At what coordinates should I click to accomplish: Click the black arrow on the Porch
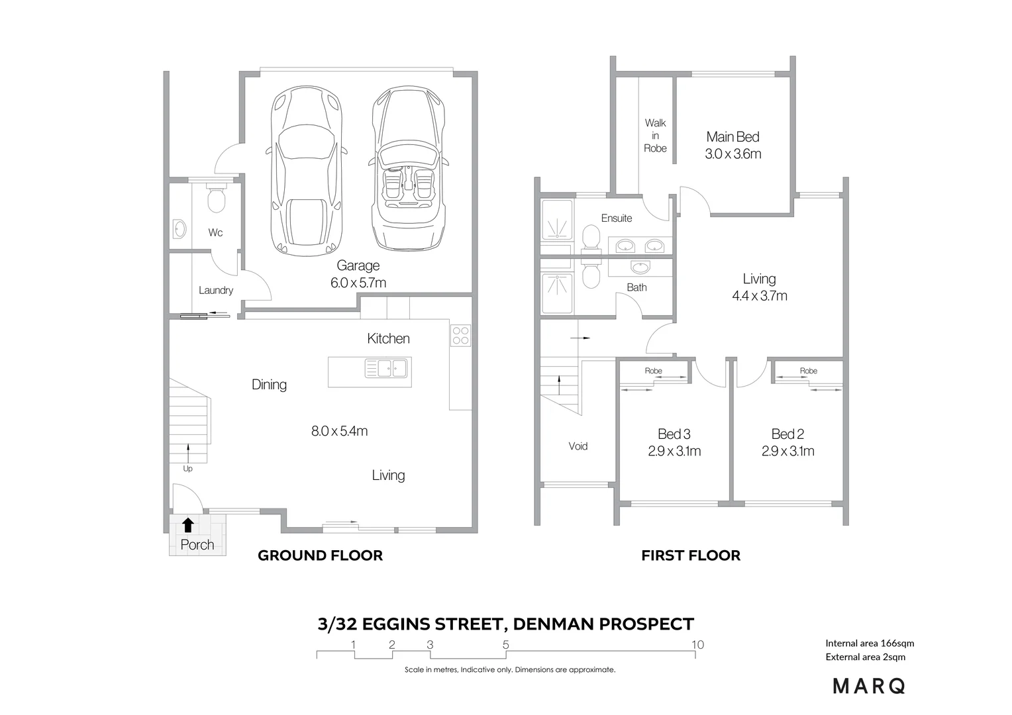click(x=188, y=525)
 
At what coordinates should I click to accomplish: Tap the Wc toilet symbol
click(x=217, y=197)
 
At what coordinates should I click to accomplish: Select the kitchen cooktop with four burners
click(x=460, y=336)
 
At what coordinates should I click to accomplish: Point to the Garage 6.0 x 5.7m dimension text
click(x=358, y=283)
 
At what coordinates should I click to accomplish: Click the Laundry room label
click(x=216, y=290)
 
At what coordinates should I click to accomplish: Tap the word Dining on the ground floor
click(x=270, y=385)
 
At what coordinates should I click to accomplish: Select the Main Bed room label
click(x=733, y=137)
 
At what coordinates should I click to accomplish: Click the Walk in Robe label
click(x=656, y=136)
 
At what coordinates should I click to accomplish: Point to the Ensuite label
click(x=617, y=218)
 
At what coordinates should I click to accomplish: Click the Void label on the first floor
click(x=578, y=446)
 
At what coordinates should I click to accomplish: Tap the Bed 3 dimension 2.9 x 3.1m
click(x=674, y=451)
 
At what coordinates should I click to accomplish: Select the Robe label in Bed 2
click(x=809, y=370)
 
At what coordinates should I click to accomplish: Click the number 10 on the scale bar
click(x=698, y=645)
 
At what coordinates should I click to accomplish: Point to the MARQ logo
click(x=869, y=686)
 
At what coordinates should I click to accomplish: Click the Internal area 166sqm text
click(x=870, y=643)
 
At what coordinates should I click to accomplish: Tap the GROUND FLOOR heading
click(x=321, y=555)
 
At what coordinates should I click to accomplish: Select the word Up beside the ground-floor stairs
click(x=188, y=469)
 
